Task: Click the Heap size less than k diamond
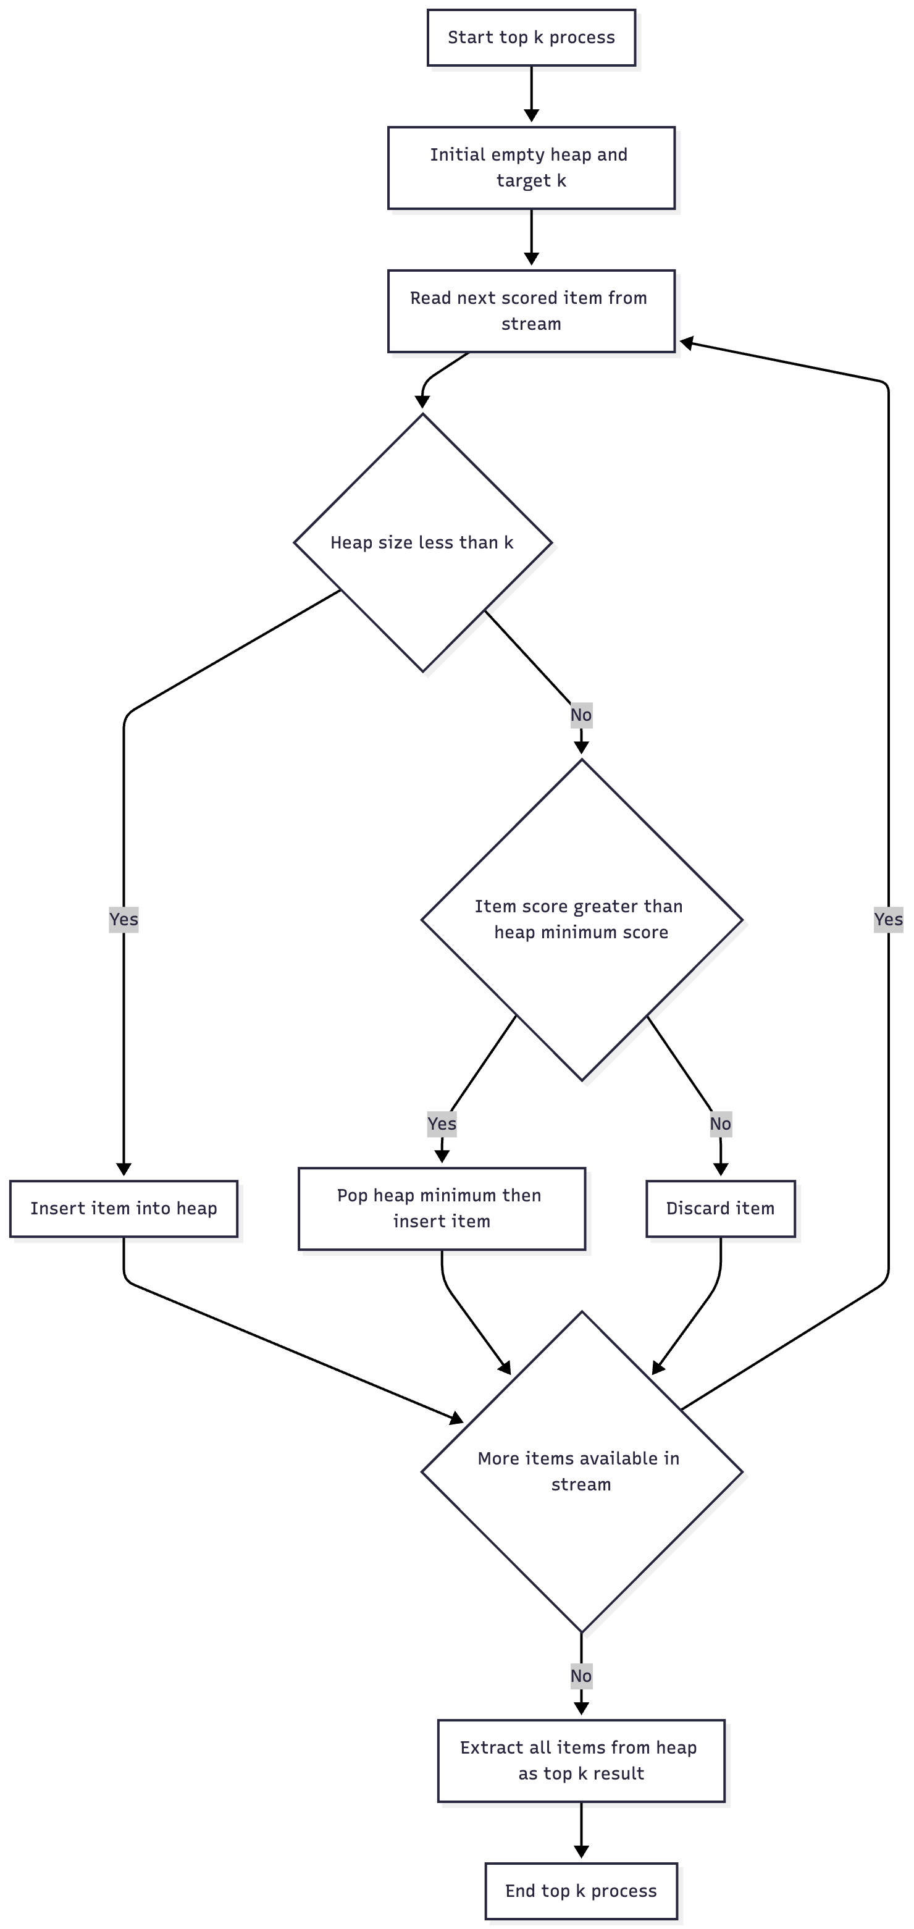tap(423, 542)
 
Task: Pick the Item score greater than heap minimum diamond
tap(582, 920)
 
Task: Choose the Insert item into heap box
tap(124, 1209)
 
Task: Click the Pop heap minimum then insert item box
tap(442, 1209)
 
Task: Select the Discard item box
tap(720, 1209)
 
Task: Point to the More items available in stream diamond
tap(582, 1471)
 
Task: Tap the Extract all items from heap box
tap(581, 1760)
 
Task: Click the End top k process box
tap(581, 1891)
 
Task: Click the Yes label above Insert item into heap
tap(124, 919)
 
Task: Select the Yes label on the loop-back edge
tap(889, 919)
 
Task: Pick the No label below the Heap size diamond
tap(581, 715)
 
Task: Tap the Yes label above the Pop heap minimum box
tap(442, 1124)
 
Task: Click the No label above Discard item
tap(720, 1124)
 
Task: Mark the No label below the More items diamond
tap(581, 1676)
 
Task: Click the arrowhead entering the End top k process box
tap(581, 1851)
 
